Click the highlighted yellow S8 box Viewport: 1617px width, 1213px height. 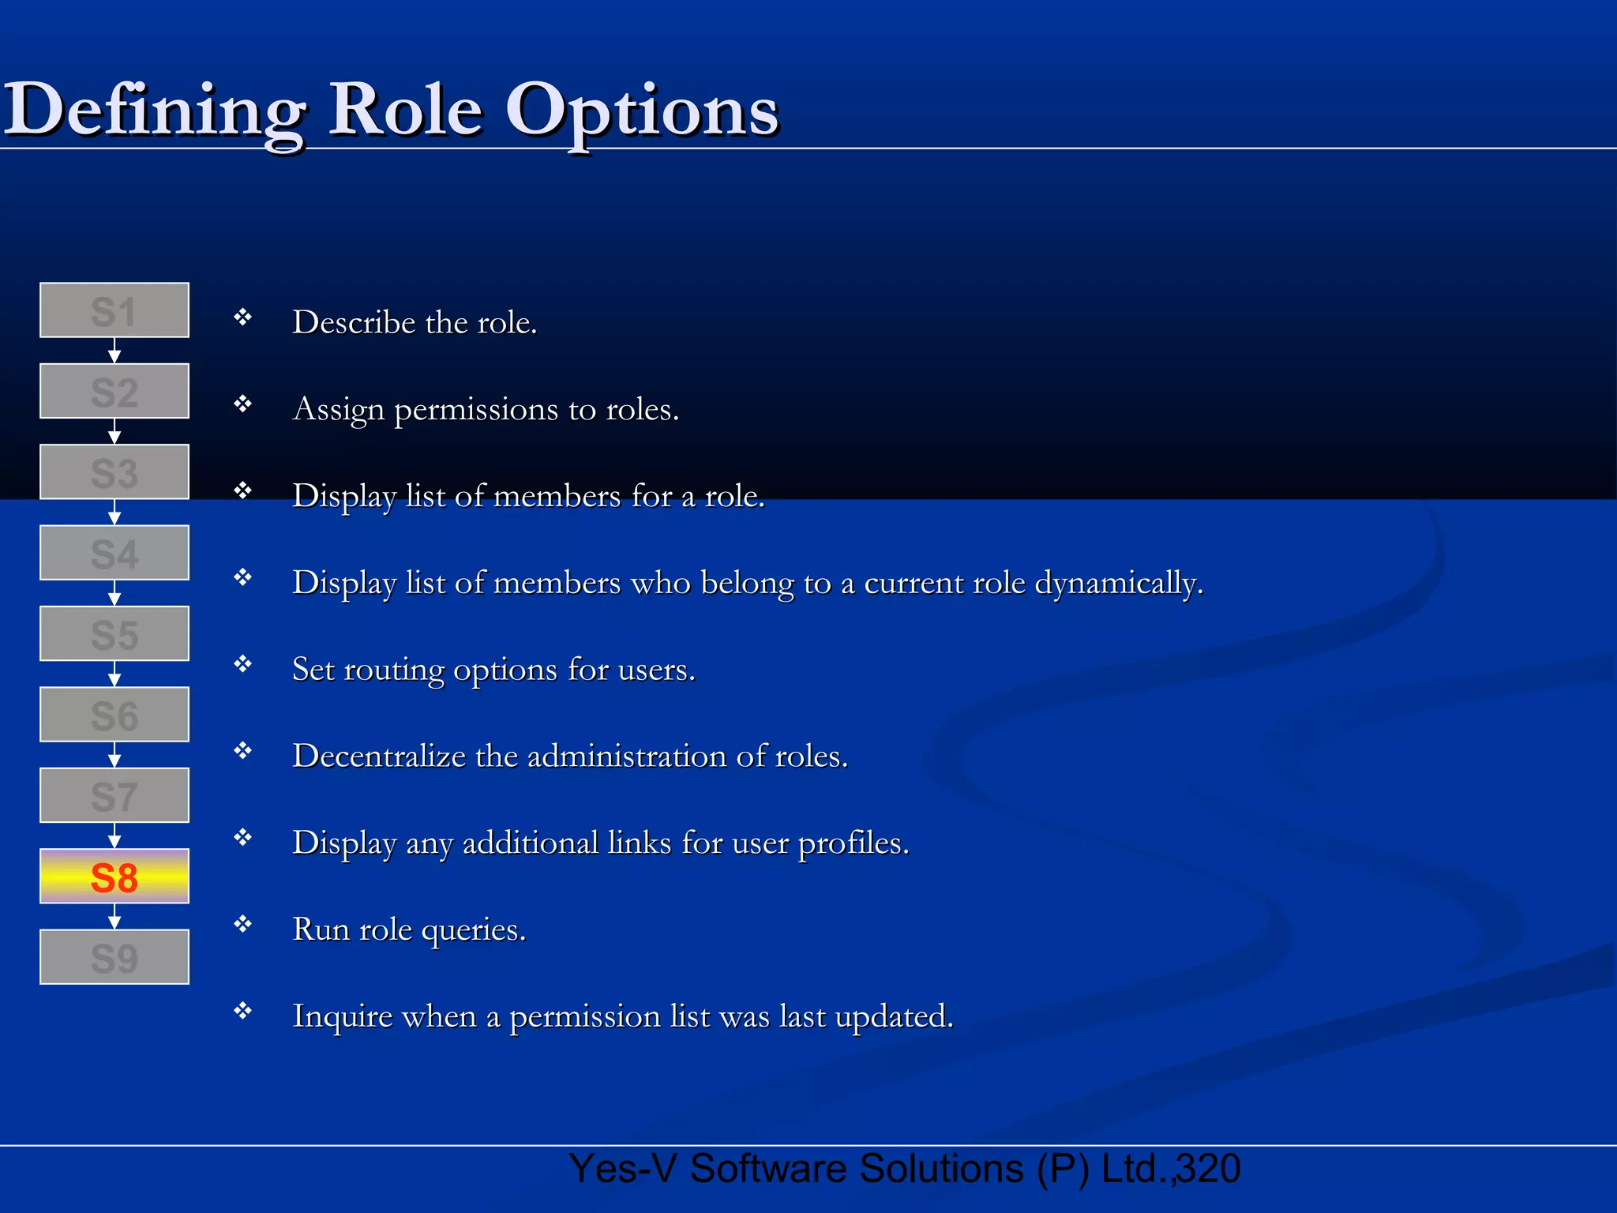tap(114, 877)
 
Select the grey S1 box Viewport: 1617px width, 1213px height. tap(114, 310)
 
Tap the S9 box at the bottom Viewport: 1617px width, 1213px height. tap(114, 957)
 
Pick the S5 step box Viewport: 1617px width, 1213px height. tap(114, 634)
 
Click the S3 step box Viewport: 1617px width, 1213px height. tap(114, 472)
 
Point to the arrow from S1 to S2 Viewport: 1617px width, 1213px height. tap(114, 351)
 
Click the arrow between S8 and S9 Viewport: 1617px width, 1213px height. tap(114, 917)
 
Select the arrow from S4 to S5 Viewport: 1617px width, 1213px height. tap(114, 593)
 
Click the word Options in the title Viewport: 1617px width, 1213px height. tap(642, 111)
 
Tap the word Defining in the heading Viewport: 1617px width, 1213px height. tap(155, 111)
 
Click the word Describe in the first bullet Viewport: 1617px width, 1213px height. tap(354, 322)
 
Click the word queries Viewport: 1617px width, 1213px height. tap(473, 930)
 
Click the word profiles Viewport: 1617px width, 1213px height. tap(854, 843)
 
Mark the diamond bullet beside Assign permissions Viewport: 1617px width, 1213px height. tap(242, 404)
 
